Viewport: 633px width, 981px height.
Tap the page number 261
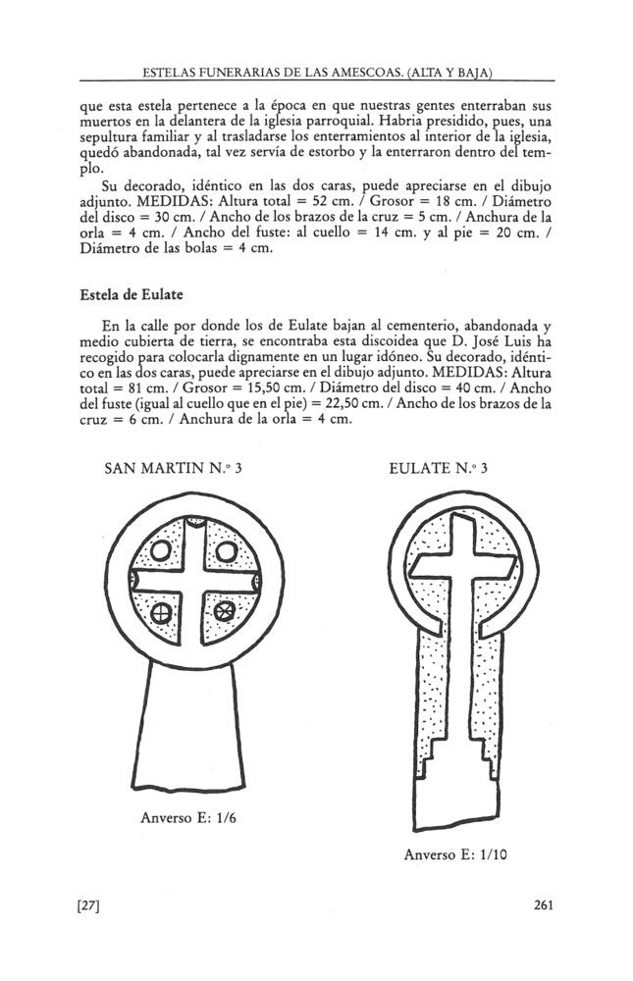click(x=544, y=905)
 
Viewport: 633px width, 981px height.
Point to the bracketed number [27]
click(x=90, y=905)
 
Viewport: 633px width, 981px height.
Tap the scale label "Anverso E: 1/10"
click(x=454, y=854)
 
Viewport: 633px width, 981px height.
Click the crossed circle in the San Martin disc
click(x=162, y=614)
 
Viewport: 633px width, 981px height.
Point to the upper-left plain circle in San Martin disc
click(x=161, y=553)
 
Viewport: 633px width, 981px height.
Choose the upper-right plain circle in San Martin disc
click(x=226, y=553)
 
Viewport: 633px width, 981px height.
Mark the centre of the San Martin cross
click(x=193, y=584)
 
